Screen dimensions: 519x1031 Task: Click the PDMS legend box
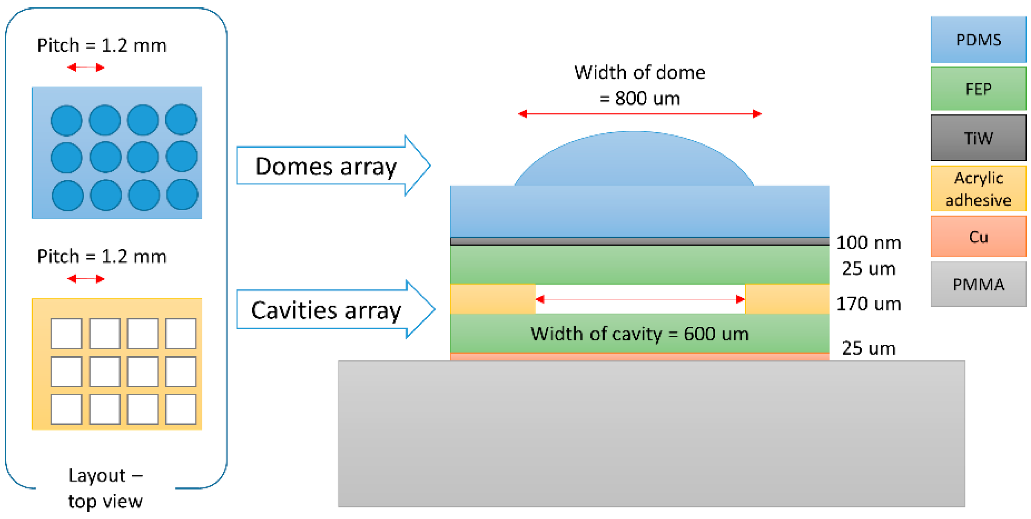pyautogui.click(x=978, y=40)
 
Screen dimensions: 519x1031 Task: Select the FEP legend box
pyautogui.click(x=978, y=89)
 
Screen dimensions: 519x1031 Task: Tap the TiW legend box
pyautogui.click(x=978, y=138)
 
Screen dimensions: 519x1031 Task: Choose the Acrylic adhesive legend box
pyautogui.click(x=978, y=189)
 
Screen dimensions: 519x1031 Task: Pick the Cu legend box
pyautogui.click(x=978, y=237)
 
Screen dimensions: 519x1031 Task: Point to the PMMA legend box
pyautogui.click(x=978, y=284)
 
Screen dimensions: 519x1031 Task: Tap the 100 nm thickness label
pyautogui.click(x=868, y=243)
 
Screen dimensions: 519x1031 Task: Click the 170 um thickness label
pyautogui.click(x=868, y=304)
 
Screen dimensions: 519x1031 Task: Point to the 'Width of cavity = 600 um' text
pyautogui.click(x=639, y=334)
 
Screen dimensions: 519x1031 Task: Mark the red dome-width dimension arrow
pyautogui.click(x=639, y=114)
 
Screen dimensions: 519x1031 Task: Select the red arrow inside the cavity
pyautogui.click(x=639, y=299)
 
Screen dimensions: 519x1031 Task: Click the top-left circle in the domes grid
pyautogui.click(x=66, y=120)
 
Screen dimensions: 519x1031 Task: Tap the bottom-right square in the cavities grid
pyautogui.click(x=181, y=409)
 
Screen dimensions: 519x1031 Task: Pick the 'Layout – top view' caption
pyautogui.click(x=105, y=488)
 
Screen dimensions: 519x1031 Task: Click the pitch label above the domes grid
pyautogui.click(x=102, y=45)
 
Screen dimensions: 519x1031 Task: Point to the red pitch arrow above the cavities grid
pyautogui.click(x=86, y=279)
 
